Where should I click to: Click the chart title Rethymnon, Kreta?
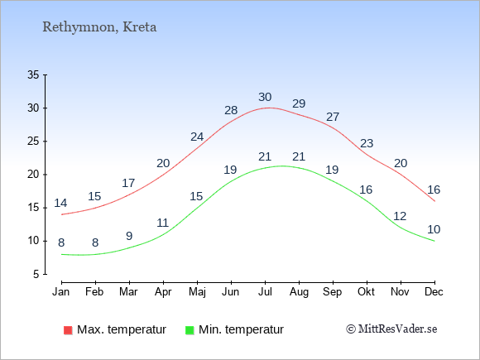[99, 27]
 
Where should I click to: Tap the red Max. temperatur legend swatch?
[68, 330]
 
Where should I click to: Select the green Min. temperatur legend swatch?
[190, 330]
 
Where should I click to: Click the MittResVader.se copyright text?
[391, 329]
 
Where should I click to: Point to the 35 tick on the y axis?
[33, 74]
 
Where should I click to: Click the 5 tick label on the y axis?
[36, 274]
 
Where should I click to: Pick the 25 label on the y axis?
[33, 142]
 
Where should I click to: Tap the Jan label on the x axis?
[61, 292]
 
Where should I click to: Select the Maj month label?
[197, 292]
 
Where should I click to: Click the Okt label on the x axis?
[366, 292]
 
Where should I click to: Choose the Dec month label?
[434, 292]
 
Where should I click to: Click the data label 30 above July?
[265, 97]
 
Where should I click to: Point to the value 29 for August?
[299, 103]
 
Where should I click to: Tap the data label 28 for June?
[231, 110]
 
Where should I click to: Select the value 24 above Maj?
[197, 137]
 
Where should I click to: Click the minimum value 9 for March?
[129, 236]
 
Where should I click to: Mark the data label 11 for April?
[163, 223]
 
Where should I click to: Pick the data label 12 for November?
[400, 217]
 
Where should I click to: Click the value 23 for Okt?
[367, 143]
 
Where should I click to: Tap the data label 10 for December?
[434, 229]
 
